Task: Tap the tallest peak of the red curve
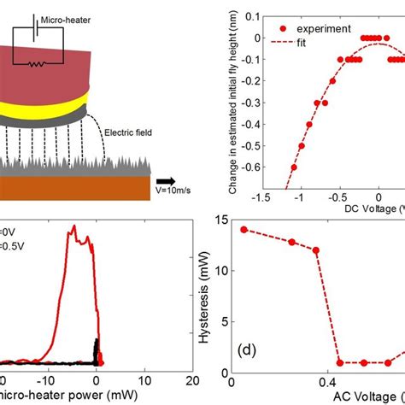click(74, 226)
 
